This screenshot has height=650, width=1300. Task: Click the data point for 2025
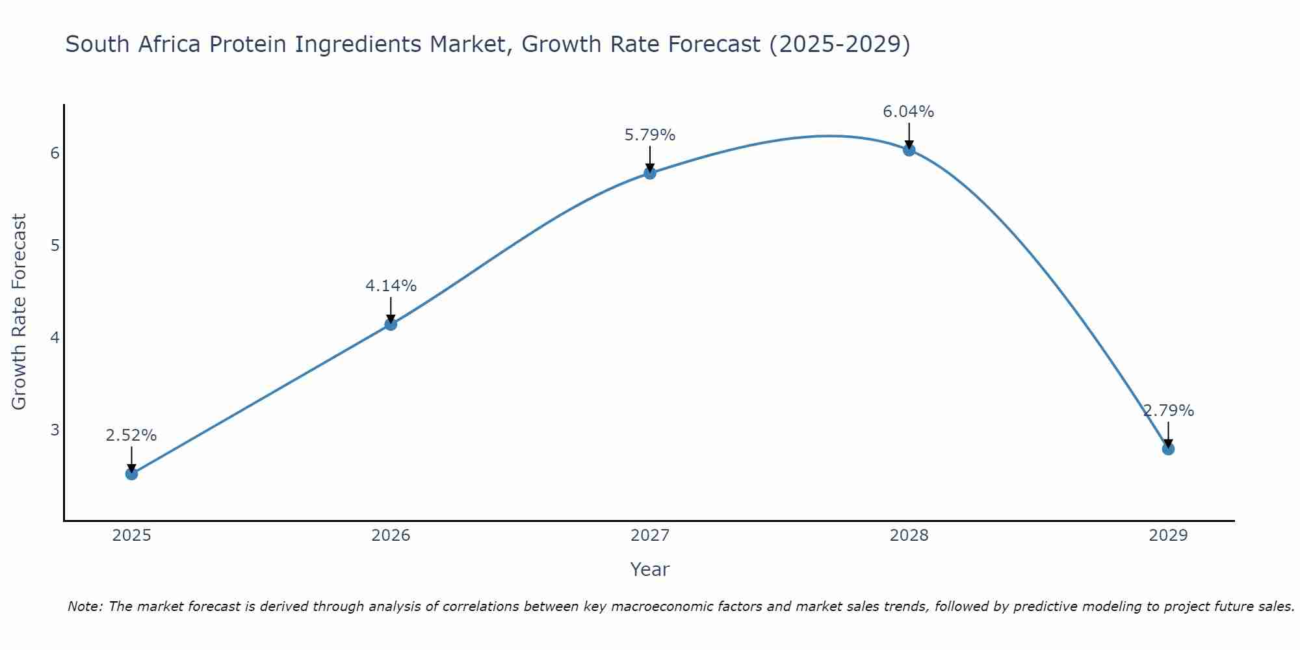pos(131,474)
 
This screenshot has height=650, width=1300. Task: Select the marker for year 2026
pos(391,324)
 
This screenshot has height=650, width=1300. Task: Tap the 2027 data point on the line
pos(650,173)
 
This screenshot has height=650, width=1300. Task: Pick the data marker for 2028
pos(909,150)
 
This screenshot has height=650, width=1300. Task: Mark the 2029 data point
pos(1168,449)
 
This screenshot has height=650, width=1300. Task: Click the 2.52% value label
pos(131,435)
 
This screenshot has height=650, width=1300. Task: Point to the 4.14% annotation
pos(391,286)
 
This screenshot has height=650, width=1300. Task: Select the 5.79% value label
pos(650,135)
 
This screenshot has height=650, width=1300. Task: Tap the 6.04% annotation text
pos(909,112)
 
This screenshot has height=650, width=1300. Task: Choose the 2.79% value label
pos(1168,411)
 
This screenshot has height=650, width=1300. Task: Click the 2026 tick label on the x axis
pos(391,536)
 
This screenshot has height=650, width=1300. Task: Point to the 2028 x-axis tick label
pos(909,536)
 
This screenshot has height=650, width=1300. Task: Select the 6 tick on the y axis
pos(55,153)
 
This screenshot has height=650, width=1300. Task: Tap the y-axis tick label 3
pos(55,430)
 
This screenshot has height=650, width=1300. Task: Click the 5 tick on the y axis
pos(55,245)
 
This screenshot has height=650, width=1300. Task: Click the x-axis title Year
pos(650,569)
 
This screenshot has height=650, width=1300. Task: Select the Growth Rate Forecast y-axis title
pos(19,312)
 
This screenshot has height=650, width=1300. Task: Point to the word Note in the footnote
pos(85,606)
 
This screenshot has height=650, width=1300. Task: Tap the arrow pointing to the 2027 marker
pos(650,159)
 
